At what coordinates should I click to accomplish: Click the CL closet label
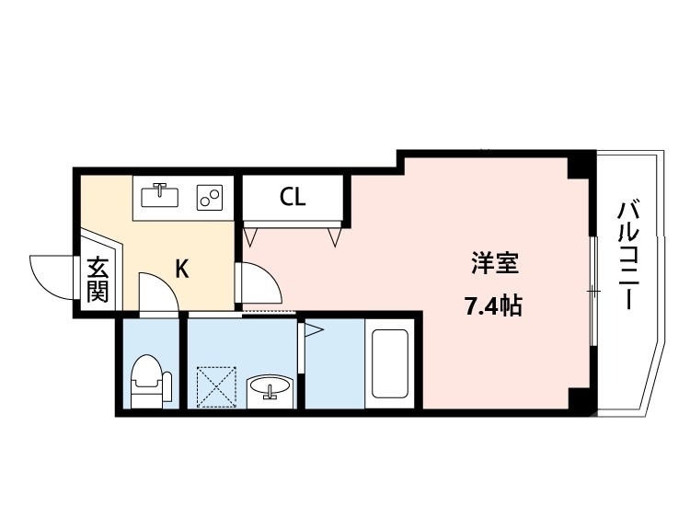point(293,198)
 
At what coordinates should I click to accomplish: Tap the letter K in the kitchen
point(182,269)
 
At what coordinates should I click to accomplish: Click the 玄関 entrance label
point(98,280)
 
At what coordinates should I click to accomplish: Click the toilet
point(149,380)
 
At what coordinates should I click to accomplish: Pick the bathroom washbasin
point(270,388)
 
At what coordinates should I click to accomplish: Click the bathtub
point(388,363)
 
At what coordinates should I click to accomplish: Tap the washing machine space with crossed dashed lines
point(218,387)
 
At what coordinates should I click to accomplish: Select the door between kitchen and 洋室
point(259,283)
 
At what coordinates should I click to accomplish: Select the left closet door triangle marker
point(249,236)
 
